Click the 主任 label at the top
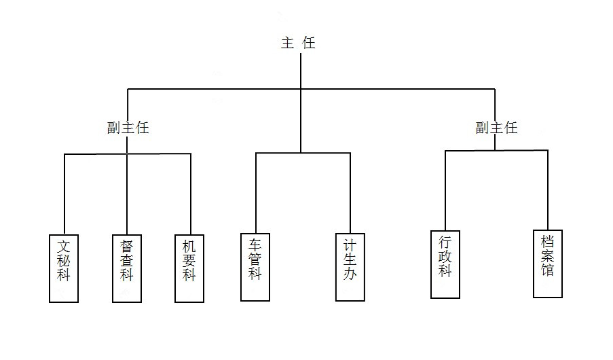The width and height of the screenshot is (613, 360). tap(298, 43)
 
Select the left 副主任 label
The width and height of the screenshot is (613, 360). tap(128, 128)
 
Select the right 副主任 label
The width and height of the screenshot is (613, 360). tap(496, 128)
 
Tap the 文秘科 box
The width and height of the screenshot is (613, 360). tap(64, 268)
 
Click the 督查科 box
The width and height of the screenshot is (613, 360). tap(127, 268)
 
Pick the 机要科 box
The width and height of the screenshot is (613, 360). tap(189, 268)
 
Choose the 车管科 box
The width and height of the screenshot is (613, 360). tap(255, 267)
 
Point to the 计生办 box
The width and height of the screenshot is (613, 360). tap(350, 267)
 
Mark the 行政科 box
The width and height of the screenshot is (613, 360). tap(445, 264)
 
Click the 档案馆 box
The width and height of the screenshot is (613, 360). tap(548, 264)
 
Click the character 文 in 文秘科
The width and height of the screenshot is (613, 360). tap(64, 247)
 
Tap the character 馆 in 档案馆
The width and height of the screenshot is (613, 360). tap(548, 270)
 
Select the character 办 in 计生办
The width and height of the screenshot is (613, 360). tap(350, 274)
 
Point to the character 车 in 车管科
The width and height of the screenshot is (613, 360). tap(255, 245)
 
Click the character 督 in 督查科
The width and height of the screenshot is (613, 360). tap(127, 247)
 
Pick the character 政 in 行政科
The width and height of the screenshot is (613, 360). tap(445, 257)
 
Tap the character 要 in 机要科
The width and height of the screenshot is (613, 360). tap(189, 261)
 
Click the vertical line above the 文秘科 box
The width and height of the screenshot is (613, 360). tap(64, 194)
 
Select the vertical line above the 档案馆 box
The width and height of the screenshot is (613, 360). tap(548, 190)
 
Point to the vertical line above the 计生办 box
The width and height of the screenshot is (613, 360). tap(350, 194)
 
